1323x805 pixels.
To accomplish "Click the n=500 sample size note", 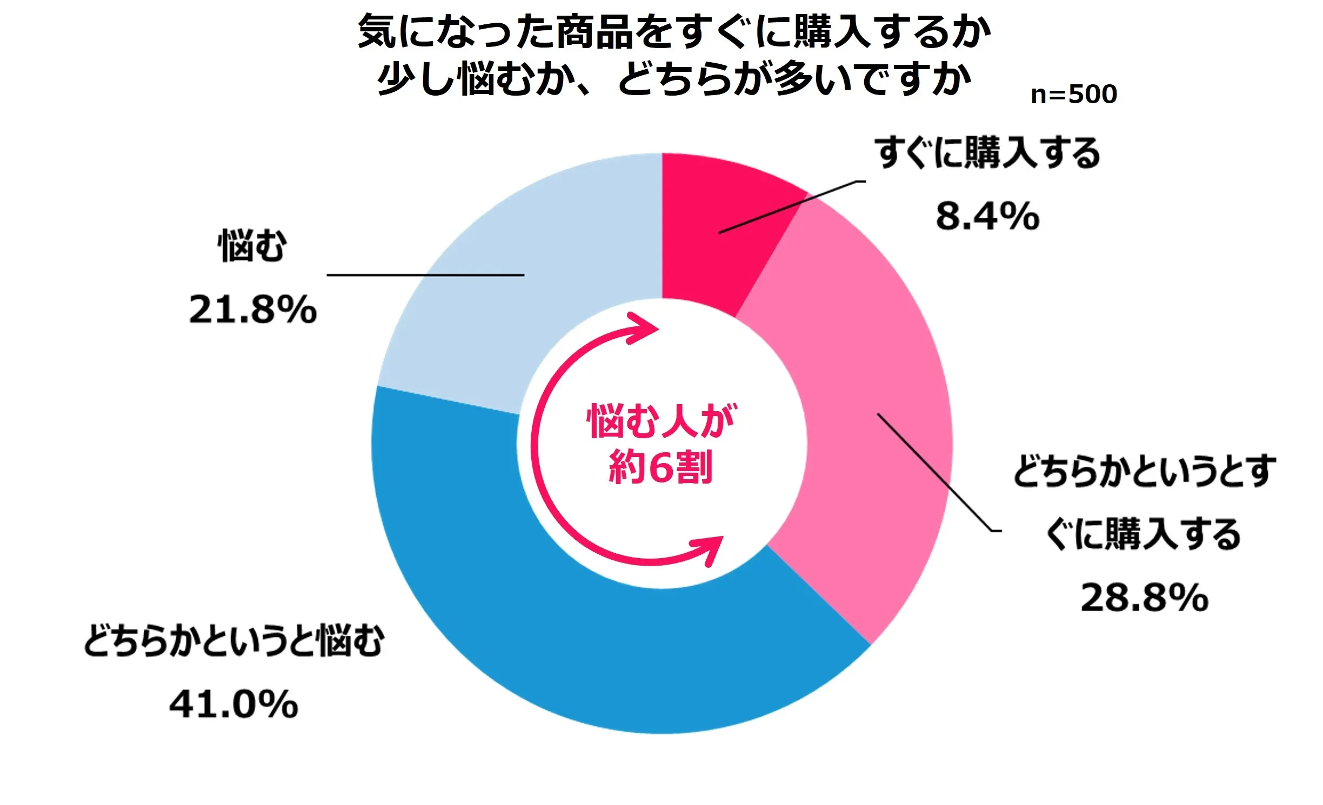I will tap(1073, 95).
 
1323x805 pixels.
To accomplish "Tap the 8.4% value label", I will tap(987, 216).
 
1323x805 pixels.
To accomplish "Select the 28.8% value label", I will tap(1144, 598).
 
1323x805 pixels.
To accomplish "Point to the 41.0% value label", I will tap(233, 705).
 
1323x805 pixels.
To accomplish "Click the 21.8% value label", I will tap(252, 310).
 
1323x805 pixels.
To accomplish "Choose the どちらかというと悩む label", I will tap(233, 641).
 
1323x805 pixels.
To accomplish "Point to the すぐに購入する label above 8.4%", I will tap(987, 153).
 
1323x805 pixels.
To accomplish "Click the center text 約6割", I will tap(660, 467).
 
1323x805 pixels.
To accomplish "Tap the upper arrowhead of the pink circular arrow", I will tap(646, 328).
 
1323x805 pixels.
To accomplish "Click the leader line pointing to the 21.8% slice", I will tap(425, 275).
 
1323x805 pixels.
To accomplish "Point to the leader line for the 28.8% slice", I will tap(935, 473).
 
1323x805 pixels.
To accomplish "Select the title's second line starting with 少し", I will tap(674, 79).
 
